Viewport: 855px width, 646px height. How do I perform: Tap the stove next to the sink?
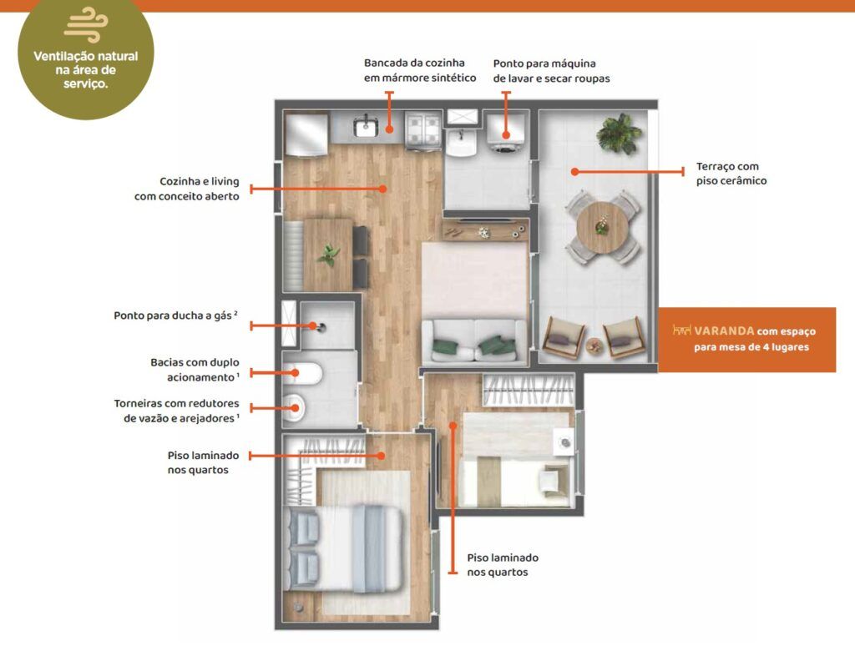click(422, 129)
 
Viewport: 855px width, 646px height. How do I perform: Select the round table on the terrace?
click(602, 227)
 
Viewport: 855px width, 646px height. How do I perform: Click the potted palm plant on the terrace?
click(619, 134)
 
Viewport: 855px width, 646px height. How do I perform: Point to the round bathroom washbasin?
click(295, 407)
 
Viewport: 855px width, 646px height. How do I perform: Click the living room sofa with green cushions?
click(474, 342)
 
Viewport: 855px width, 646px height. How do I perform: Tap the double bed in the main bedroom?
click(345, 548)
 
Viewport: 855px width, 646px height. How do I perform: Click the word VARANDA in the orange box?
click(724, 331)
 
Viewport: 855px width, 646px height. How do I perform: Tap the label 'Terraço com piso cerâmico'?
click(731, 174)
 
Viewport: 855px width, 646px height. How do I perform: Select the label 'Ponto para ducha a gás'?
click(175, 315)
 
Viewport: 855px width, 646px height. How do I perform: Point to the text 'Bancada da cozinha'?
click(414, 63)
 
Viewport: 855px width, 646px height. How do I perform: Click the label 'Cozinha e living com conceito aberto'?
click(186, 189)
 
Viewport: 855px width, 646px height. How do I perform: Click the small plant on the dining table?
click(328, 255)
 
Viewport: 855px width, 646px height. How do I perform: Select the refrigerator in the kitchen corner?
click(306, 134)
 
